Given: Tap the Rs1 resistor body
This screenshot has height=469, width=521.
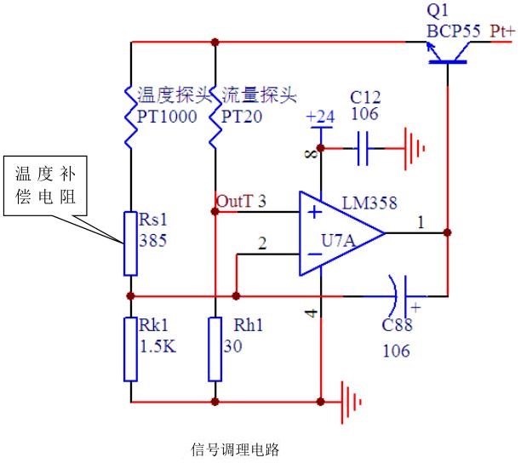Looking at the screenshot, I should (130, 243).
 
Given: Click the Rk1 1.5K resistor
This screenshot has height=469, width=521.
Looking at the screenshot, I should (130, 350).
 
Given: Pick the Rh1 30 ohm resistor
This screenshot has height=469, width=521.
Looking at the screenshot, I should (215, 350).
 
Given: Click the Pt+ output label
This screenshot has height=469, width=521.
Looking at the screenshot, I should (502, 31).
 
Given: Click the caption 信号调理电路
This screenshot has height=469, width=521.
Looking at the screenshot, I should (235, 449).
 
